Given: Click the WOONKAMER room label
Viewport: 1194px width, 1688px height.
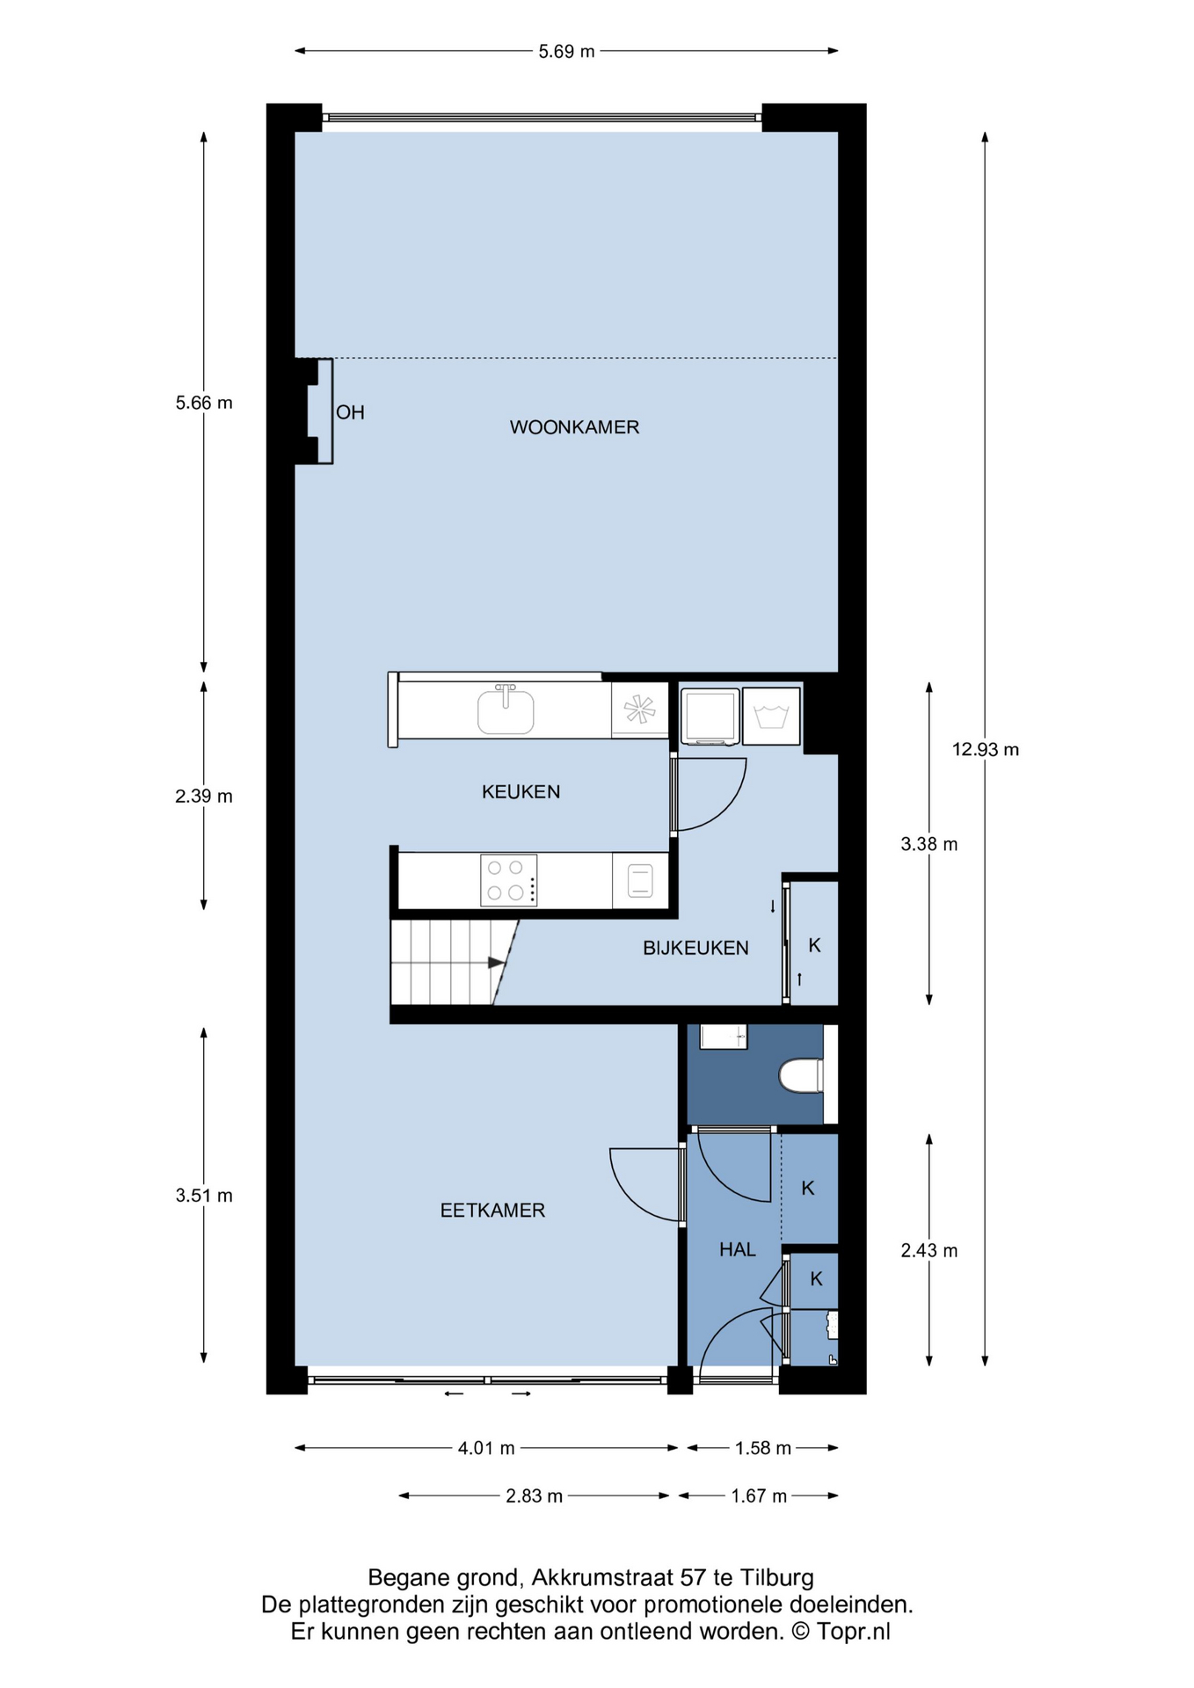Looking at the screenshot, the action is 574,427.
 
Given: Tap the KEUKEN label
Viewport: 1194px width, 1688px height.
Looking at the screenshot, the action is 521,792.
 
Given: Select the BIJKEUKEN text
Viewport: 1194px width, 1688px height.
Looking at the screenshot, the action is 695,948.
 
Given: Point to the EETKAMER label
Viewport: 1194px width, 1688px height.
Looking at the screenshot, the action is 492,1211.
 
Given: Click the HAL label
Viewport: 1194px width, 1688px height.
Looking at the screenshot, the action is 737,1249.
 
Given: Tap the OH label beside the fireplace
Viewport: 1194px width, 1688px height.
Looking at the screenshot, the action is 350,412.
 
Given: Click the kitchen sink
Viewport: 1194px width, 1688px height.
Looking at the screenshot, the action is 506,710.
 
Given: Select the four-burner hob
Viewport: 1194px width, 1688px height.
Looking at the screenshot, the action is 508,880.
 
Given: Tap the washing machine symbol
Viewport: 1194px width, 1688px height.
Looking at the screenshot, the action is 771,717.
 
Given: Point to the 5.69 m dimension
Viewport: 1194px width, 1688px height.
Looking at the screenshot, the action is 567,52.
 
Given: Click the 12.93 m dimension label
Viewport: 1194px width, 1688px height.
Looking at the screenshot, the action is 986,750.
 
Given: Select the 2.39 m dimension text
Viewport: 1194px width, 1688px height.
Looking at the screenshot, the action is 204,797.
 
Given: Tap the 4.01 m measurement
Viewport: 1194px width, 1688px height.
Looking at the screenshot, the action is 486,1448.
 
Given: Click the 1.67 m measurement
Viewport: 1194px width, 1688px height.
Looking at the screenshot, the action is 759,1495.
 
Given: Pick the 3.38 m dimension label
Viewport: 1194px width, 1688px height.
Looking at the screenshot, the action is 929,845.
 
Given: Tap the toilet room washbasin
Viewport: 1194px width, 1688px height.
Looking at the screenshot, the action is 723,1037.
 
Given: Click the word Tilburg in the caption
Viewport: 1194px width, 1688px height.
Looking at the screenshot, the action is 776,1577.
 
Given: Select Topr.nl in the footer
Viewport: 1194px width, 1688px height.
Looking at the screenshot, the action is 853,1632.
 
